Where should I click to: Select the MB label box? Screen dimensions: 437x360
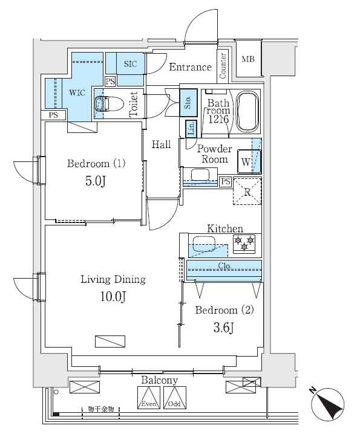click(248, 59)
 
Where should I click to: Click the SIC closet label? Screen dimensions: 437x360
click(130, 63)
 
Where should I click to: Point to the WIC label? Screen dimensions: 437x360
click(77, 93)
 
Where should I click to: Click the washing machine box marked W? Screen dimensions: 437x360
click(245, 161)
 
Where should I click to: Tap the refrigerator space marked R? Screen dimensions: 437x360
click(247, 192)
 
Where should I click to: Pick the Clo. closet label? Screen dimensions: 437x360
click(224, 266)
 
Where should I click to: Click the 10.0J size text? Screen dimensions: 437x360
click(113, 296)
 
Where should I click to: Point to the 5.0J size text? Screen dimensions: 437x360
click(96, 181)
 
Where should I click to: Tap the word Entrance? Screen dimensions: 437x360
click(190, 67)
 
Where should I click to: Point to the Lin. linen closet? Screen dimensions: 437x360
click(191, 128)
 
